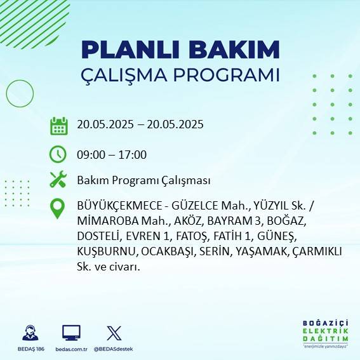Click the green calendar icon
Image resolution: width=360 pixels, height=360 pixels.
(x=58, y=125)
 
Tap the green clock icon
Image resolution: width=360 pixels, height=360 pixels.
(x=58, y=154)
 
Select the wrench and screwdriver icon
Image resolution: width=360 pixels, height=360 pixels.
(x=58, y=180)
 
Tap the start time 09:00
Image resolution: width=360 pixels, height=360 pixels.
(x=90, y=154)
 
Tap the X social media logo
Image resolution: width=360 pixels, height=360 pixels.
(x=114, y=333)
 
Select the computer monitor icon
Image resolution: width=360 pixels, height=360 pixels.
(x=71, y=333)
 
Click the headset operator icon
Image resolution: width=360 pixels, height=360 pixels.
(x=29, y=333)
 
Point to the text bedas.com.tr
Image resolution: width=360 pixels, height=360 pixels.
(x=70, y=349)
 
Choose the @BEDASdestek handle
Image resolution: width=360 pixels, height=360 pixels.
(x=114, y=349)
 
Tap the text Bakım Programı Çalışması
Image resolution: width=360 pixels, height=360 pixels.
(x=143, y=180)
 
